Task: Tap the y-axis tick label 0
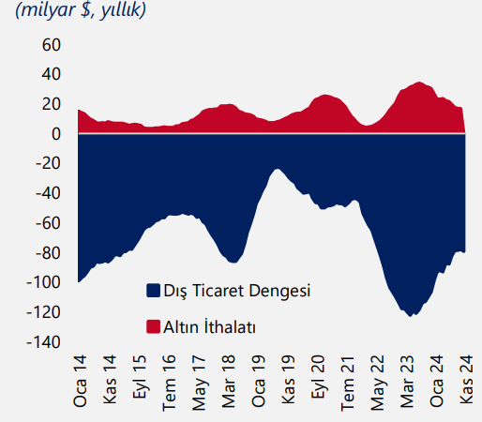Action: coord(55,134)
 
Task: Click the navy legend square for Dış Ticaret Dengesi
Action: coord(154,291)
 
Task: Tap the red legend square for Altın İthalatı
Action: coord(154,326)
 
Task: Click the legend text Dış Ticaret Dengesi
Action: coord(236,291)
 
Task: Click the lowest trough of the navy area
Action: coord(411,316)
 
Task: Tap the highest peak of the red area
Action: coord(418,83)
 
